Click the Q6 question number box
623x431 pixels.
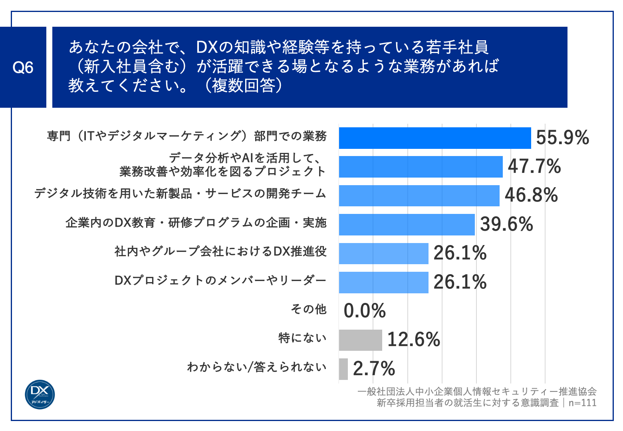pyautogui.click(x=23, y=67)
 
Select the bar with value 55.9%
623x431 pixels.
pyautogui.click(x=435, y=138)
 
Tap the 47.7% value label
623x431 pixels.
pyautogui.click(x=534, y=166)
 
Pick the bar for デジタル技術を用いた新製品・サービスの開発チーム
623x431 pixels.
pyautogui.click(x=419, y=196)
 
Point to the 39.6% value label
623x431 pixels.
pyautogui.click(x=506, y=224)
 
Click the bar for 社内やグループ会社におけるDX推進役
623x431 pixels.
pyautogui.click(x=383, y=253)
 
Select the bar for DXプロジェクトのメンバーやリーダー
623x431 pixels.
pyautogui.click(x=383, y=283)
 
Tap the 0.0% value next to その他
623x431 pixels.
pyautogui.click(x=365, y=311)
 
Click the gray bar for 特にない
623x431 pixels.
pyautogui.click(x=360, y=340)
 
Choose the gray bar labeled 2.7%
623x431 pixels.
pyautogui.click(x=343, y=369)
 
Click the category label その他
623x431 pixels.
pyautogui.click(x=309, y=309)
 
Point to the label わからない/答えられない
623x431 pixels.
pyautogui.click(x=257, y=367)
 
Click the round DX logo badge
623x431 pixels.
pyautogui.click(x=40, y=394)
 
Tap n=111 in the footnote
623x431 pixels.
pyautogui.click(x=582, y=403)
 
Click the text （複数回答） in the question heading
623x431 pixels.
pyautogui.click(x=244, y=85)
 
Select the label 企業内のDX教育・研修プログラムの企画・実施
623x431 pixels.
pyautogui.click(x=196, y=223)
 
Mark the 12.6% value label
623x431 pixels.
pyautogui.click(x=414, y=340)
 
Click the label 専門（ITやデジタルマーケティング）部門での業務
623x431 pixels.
pyautogui.click(x=187, y=136)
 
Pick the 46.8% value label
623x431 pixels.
pyautogui.click(x=531, y=196)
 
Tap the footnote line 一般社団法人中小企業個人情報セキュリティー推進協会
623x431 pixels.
pyautogui.click(x=477, y=391)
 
